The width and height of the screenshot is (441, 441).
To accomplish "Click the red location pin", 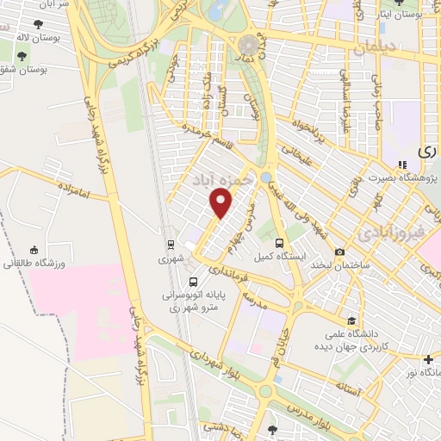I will click(x=221, y=203).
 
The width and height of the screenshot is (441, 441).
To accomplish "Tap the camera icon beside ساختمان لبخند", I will click(x=340, y=252).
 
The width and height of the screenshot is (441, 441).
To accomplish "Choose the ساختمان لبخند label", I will click(x=341, y=265).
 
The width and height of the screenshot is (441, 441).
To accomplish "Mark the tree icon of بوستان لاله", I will click(x=38, y=25).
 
